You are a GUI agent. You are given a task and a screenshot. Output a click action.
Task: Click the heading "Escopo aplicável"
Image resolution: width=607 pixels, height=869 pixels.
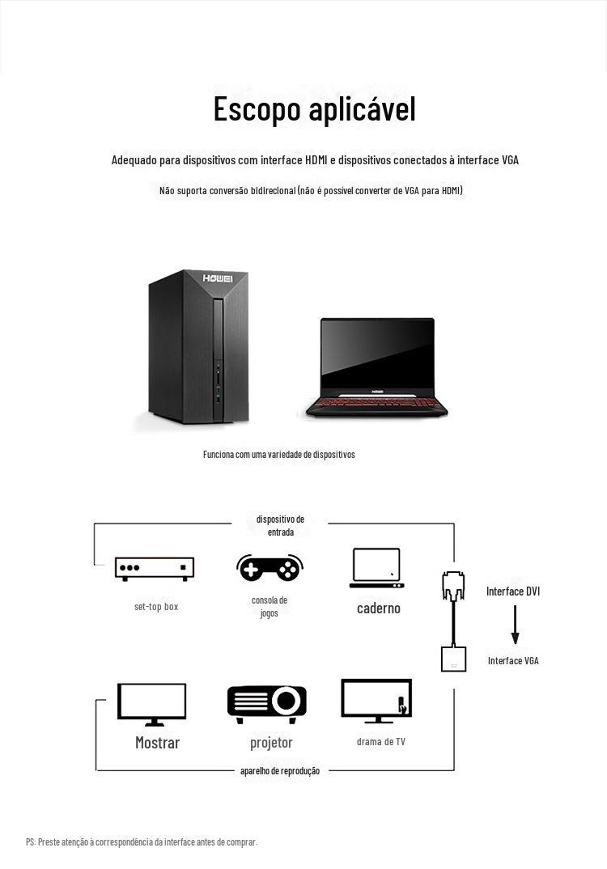[x=314, y=110]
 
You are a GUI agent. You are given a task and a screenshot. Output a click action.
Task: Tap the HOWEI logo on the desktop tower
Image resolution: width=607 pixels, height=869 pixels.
[x=218, y=278]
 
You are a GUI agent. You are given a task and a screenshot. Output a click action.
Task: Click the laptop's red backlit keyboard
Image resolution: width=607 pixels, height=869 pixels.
[x=376, y=402]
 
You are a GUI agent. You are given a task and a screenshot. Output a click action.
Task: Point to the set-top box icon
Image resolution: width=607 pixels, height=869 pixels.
[x=155, y=569]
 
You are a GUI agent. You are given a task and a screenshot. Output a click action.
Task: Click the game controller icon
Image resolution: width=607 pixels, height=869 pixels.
[x=270, y=567]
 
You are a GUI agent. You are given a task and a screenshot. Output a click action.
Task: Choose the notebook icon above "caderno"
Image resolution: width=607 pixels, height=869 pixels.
[x=377, y=568]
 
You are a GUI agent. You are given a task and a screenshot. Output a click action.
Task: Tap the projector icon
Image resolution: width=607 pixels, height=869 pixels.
[x=266, y=704]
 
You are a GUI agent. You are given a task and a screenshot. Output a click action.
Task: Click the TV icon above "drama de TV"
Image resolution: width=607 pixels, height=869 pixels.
[x=376, y=701]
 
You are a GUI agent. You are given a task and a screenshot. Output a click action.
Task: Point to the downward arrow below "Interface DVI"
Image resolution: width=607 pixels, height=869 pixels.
[x=515, y=625]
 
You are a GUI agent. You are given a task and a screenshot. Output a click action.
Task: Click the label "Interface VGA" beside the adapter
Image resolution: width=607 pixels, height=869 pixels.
[x=513, y=660]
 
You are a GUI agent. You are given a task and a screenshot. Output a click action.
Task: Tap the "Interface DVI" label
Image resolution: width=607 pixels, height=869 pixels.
[x=513, y=591]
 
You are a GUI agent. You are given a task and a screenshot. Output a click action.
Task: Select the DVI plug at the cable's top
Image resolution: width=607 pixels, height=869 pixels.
[x=453, y=586]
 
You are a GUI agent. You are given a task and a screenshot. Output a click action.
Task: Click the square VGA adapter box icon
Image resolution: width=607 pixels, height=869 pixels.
[x=453, y=659]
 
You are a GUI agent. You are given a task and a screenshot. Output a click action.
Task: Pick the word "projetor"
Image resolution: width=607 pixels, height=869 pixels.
[x=271, y=743]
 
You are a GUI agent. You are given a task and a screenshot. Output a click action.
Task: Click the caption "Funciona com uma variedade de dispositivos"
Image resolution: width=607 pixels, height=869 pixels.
[x=279, y=455]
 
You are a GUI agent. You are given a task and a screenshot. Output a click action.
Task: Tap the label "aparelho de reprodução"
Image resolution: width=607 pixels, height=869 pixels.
[x=280, y=771]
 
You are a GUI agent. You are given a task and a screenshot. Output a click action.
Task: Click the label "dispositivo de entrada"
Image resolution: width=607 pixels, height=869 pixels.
[x=281, y=525]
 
